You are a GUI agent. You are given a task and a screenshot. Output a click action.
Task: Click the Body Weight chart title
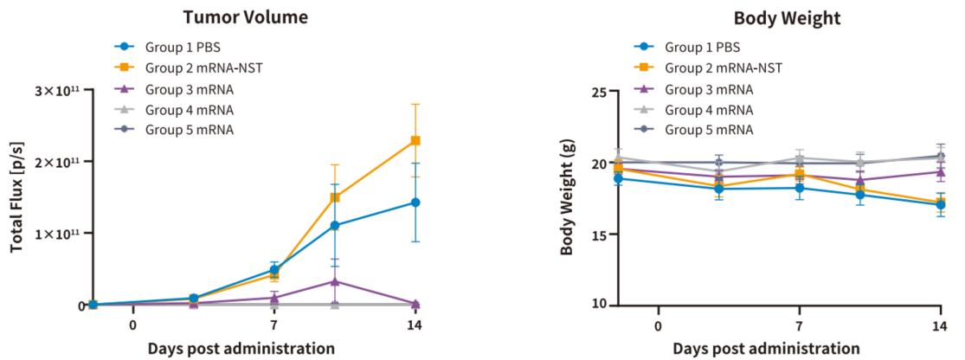click(775, 16)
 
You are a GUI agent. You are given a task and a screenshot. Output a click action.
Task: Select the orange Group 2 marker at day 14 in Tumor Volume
click(415, 140)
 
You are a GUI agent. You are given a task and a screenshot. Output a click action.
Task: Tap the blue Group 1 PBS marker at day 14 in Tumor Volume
click(415, 202)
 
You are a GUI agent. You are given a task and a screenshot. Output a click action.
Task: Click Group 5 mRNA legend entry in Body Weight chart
click(708, 130)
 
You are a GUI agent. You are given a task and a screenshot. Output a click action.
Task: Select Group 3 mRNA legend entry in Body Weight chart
click(708, 88)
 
